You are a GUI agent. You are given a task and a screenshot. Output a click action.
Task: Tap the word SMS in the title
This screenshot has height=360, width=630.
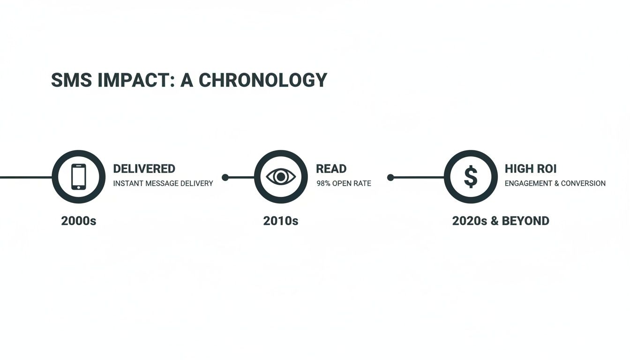[x=66, y=80]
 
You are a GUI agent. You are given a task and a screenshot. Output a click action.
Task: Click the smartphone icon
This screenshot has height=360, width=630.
[x=79, y=177]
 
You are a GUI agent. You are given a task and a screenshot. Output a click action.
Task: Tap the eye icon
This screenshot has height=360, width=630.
[x=281, y=177]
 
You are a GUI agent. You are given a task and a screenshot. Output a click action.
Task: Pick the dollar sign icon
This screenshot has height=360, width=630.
[x=471, y=177]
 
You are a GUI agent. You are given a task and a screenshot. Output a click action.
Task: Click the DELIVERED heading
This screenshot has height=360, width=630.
[x=144, y=169]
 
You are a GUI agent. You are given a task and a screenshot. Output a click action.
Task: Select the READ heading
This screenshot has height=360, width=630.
[x=331, y=169]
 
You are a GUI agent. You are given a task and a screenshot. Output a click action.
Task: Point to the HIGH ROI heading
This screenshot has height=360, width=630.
[x=531, y=169]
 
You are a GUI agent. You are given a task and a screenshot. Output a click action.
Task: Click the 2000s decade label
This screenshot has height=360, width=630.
[x=79, y=221]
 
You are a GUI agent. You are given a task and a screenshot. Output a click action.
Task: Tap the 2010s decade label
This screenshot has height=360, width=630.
[x=281, y=221]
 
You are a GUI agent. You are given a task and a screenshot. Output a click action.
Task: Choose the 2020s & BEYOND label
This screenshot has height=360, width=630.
[x=501, y=221]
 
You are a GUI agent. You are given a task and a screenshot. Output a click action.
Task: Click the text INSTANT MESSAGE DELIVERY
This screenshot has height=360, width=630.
[x=163, y=183]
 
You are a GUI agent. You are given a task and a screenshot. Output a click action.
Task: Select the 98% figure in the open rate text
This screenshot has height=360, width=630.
[x=323, y=183]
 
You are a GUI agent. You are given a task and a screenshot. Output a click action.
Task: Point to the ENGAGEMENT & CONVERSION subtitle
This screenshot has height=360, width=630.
[x=555, y=183]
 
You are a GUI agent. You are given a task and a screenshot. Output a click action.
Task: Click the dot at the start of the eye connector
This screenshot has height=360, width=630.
[x=225, y=177]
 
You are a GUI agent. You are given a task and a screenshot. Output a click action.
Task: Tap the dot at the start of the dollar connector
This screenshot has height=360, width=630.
[x=390, y=177]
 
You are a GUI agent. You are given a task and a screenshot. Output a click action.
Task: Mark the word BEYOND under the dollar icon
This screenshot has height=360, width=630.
[x=525, y=221]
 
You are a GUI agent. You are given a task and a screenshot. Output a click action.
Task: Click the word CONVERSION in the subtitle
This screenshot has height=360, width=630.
[x=583, y=183]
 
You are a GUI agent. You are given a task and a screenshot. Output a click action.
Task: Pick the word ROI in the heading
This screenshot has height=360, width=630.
[x=546, y=169]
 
